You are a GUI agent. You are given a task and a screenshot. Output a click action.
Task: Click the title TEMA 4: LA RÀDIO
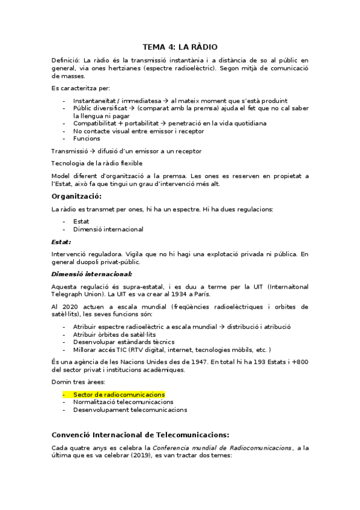[180, 46]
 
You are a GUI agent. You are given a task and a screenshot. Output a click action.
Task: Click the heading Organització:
[76, 197]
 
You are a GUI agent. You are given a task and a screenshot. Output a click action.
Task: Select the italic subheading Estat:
[61, 241]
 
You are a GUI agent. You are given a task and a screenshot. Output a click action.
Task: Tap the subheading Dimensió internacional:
[91, 274]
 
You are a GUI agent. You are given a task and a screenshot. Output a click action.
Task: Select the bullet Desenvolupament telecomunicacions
[130, 410]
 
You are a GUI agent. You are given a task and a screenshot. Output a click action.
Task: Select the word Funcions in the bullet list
[87, 138]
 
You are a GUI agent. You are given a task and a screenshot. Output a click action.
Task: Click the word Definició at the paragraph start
[65, 61]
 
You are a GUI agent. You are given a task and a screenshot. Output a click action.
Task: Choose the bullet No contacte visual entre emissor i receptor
[138, 131]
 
